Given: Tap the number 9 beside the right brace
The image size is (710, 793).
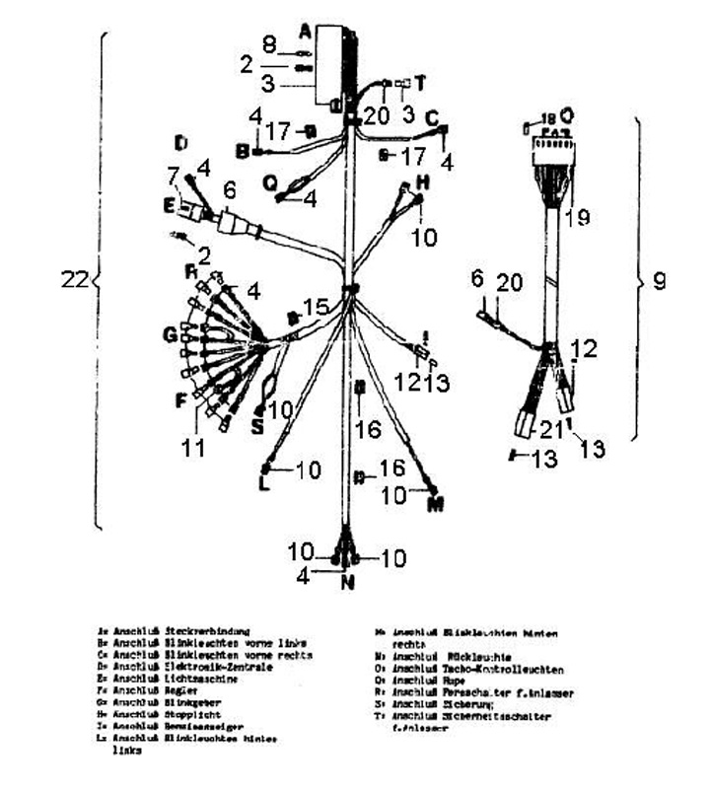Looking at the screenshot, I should (659, 281).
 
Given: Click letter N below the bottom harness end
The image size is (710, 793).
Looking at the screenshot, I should (346, 581).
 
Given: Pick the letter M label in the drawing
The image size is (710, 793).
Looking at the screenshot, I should (435, 505).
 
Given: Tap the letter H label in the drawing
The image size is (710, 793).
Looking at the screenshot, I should (422, 181).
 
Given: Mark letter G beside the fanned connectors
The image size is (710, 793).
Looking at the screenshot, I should (171, 335).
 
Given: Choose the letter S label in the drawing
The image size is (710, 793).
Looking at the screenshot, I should (258, 426).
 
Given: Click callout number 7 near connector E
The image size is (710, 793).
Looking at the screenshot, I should (173, 177).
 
